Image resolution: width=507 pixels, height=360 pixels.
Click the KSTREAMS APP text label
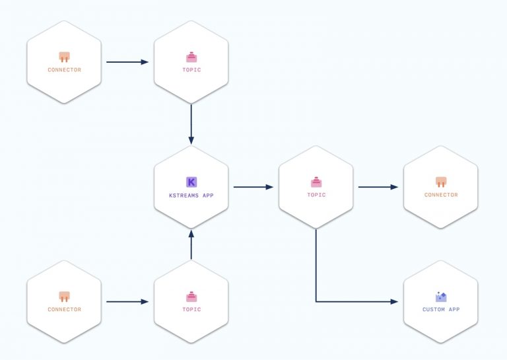click(191, 196)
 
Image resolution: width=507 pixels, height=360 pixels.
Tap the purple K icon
click(191, 182)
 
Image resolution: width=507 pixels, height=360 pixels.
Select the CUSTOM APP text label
click(441, 309)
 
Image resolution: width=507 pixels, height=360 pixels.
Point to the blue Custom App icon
click(441, 297)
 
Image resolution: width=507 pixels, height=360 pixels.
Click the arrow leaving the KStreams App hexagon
click(253, 187)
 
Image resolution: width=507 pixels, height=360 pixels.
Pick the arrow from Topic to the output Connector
click(378, 187)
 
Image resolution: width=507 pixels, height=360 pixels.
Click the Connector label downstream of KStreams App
click(441, 195)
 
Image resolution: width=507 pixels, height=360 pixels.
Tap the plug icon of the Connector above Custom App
click(441, 182)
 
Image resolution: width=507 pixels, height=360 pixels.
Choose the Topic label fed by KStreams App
click(316, 195)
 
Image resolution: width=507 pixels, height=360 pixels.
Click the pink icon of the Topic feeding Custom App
click(316, 182)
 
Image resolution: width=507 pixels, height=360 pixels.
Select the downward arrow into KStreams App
click(191, 124)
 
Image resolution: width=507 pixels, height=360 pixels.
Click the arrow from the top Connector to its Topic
click(127, 62)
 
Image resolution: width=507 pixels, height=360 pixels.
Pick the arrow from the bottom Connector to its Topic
click(127, 302)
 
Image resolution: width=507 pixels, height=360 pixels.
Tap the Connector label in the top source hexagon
click(64, 69)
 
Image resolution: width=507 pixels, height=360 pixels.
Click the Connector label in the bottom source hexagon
click(64, 309)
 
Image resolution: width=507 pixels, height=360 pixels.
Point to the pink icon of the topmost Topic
click(191, 57)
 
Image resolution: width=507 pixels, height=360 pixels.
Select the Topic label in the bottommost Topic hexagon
click(191, 309)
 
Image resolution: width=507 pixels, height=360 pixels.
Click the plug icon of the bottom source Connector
click(64, 297)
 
